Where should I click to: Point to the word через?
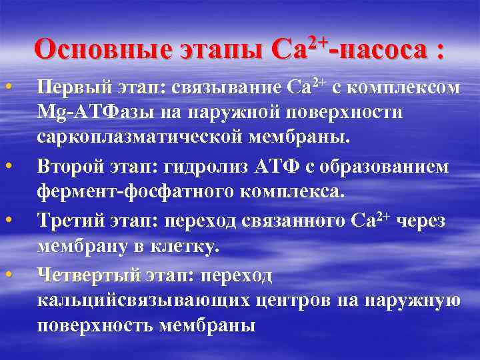coord(424,220)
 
